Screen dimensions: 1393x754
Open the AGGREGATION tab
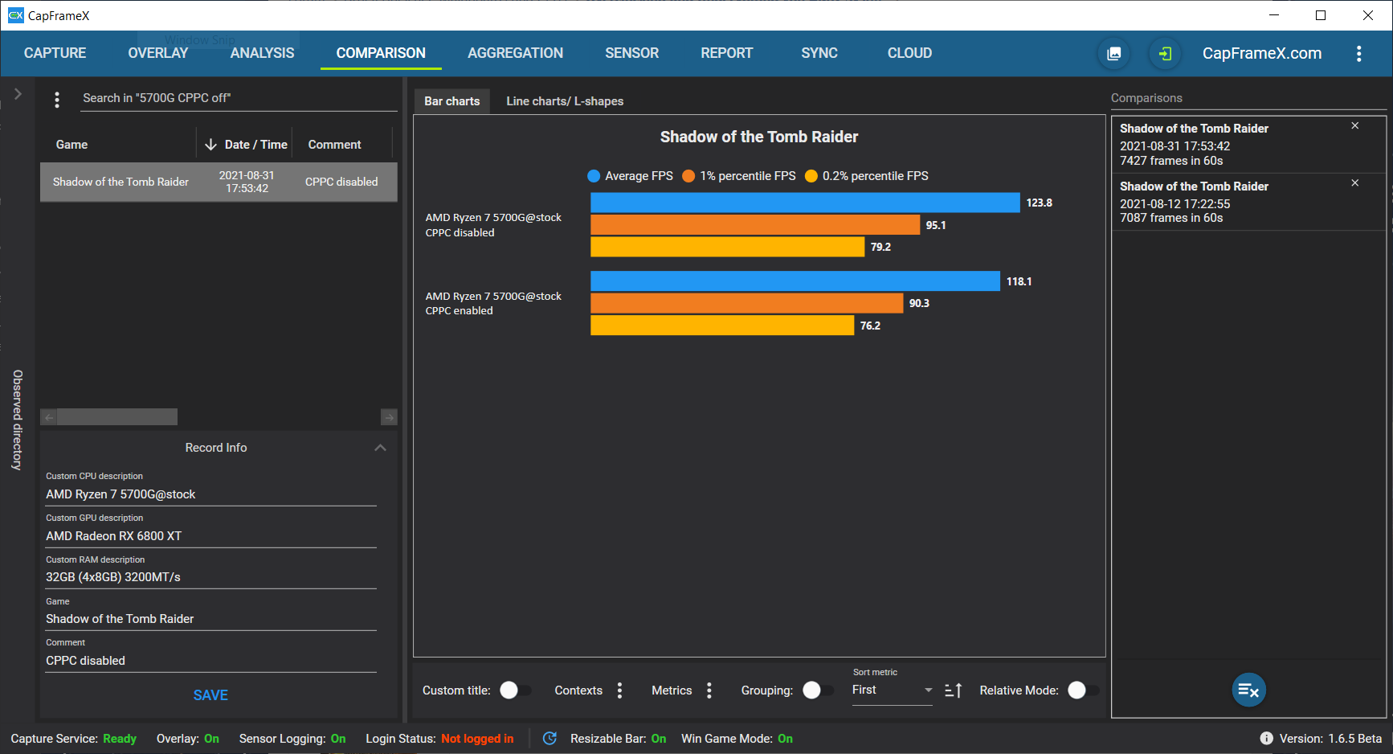tap(515, 53)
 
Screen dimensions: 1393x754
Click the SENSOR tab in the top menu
tap(631, 53)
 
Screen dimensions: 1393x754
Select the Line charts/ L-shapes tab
tap(565, 101)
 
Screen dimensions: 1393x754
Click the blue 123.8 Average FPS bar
tap(805, 203)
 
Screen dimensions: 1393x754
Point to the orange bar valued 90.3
tap(746, 303)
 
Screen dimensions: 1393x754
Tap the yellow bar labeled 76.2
tap(722, 326)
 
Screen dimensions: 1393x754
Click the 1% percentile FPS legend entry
tap(739, 176)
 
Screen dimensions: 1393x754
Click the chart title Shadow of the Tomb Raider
tap(759, 137)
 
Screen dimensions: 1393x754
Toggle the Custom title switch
tap(515, 690)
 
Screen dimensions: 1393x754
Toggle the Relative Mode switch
tap(1083, 690)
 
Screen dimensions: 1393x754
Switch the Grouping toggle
tap(818, 690)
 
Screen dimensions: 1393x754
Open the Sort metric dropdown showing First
tap(892, 690)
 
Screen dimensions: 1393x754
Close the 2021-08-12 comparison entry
tap(1355, 183)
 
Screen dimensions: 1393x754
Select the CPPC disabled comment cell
tap(341, 182)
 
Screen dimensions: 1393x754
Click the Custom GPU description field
tap(210, 536)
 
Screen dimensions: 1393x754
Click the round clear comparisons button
tap(1249, 690)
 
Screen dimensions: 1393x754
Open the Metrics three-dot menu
tap(709, 690)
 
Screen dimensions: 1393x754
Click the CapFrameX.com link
tap(1262, 54)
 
